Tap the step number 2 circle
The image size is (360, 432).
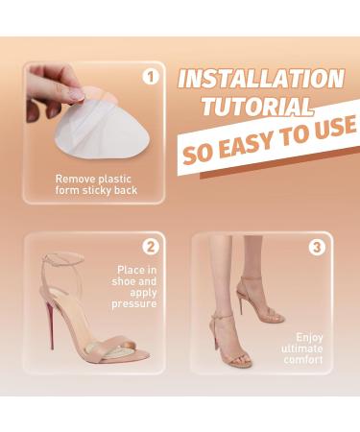[x=151, y=246]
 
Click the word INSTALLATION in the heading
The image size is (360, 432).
[x=260, y=79]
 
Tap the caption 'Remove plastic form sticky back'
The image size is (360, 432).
[x=96, y=184]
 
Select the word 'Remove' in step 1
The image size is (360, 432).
[x=76, y=179]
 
